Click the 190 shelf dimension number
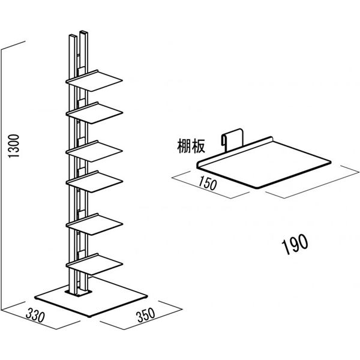(295, 242)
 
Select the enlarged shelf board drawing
(264, 165)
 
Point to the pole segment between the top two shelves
(77, 96)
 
